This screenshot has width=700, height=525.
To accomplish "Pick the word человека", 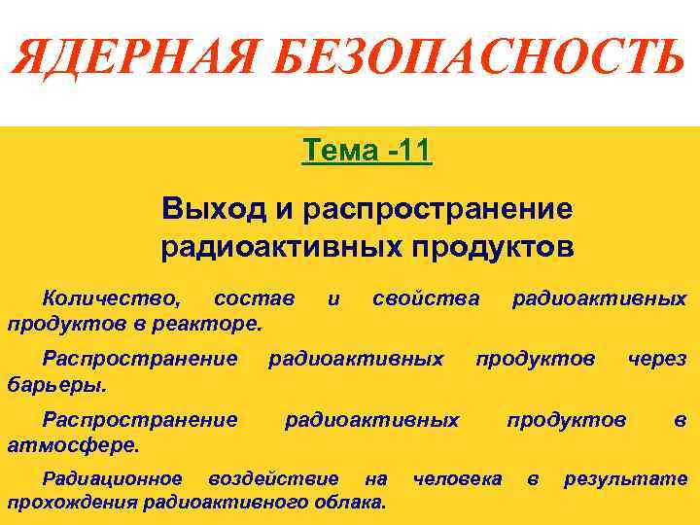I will (457, 478).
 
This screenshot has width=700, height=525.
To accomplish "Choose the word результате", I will (625, 478).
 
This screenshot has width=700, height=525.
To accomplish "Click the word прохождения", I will (72, 502).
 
